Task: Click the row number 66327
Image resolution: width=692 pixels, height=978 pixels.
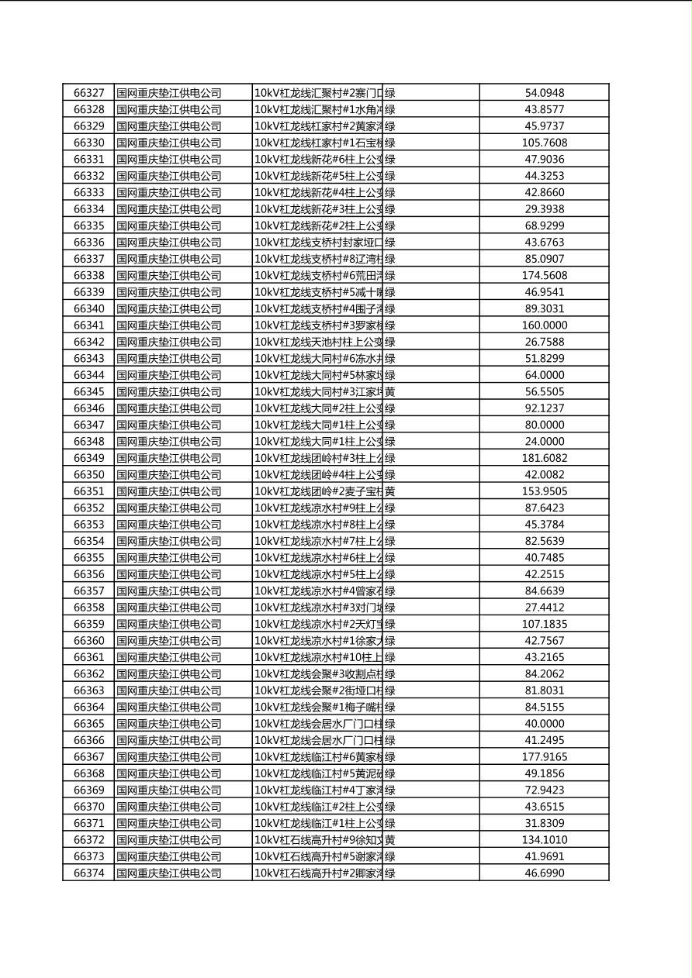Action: click(x=88, y=93)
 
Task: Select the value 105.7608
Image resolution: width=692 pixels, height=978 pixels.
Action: click(x=545, y=143)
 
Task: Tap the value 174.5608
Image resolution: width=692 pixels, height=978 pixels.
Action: click(x=545, y=275)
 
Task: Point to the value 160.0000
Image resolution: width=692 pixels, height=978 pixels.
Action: click(x=545, y=325)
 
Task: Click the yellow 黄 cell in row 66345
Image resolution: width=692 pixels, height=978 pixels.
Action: click(x=390, y=392)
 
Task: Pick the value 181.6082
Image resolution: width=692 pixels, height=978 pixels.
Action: click(x=545, y=458)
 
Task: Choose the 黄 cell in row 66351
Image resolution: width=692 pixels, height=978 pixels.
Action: click(x=390, y=491)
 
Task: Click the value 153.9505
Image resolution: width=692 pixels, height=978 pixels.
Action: click(x=545, y=491)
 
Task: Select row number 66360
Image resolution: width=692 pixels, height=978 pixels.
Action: click(x=88, y=641)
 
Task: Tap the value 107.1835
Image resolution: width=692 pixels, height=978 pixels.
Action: click(x=545, y=624)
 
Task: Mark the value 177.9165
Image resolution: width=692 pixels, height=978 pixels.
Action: click(x=545, y=757)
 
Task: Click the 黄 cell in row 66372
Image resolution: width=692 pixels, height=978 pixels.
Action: click(x=390, y=840)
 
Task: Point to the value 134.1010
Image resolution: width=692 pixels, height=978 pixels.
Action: click(x=545, y=840)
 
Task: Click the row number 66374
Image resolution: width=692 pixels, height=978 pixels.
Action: click(x=88, y=873)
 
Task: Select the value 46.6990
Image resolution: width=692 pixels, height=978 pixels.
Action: click(x=545, y=873)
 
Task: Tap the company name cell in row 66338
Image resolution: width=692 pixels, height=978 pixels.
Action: click(x=169, y=275)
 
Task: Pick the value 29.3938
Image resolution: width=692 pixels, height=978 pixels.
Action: click(x=545, y=209)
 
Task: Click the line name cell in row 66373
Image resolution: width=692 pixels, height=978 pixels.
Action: click(x=318, y=856)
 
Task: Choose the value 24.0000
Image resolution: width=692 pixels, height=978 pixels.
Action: click(x=545, y=442)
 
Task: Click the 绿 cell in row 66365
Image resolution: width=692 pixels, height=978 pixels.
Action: click(x=390, y=724)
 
